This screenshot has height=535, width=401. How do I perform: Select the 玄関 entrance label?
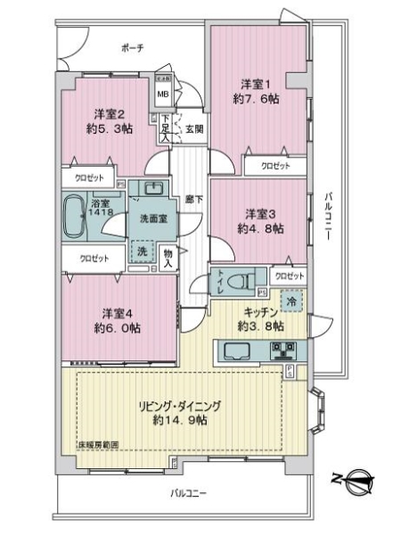pos(193,129)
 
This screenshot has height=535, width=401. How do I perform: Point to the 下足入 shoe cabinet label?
pos(166,129)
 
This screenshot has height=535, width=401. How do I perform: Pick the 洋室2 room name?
pos(108,113)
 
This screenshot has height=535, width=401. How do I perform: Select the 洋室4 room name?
pos(112,313)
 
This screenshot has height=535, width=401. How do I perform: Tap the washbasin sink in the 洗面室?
pos(149,191)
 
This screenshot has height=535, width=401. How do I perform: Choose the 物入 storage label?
pos(169,258)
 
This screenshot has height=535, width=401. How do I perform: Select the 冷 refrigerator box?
pos(291,301)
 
